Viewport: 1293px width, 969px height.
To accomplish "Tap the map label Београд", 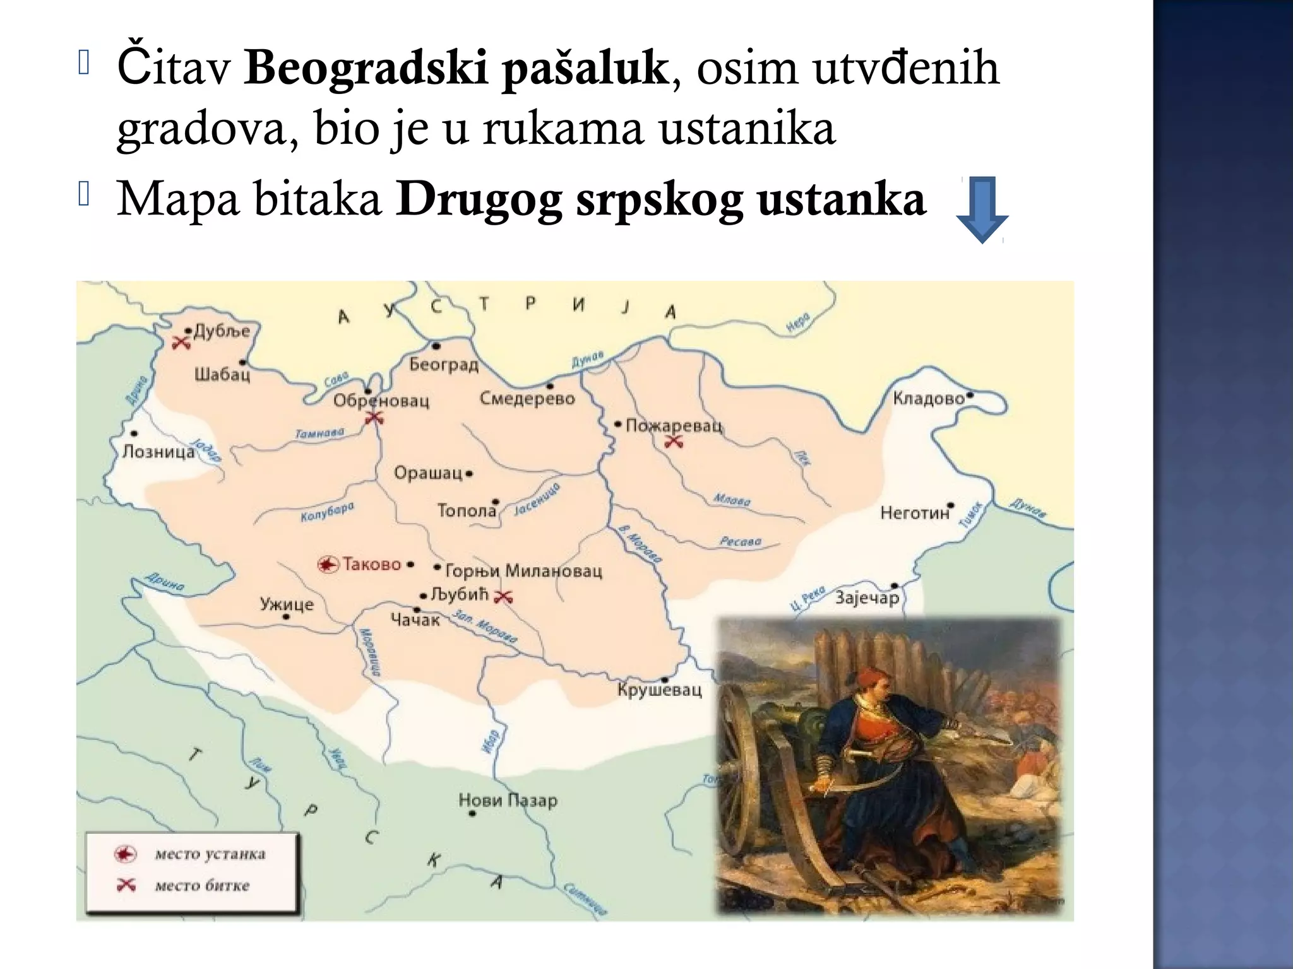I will point(444,365).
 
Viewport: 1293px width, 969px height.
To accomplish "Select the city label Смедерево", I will point(527,399).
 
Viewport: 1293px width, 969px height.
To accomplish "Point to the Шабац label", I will point(222,375).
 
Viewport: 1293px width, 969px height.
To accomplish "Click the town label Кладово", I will point(929,399).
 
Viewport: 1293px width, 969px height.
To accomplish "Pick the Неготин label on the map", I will point(915,513).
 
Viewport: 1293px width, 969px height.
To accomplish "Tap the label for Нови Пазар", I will point(508,801).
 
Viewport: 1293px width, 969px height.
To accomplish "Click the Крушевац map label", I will point(659,690).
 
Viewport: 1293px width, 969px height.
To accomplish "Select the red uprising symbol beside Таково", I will point(328,565).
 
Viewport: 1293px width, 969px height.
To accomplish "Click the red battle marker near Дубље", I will point(182,343).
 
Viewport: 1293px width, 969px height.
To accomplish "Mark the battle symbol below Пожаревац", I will point(674,442).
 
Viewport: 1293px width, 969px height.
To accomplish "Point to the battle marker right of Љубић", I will point(503,597).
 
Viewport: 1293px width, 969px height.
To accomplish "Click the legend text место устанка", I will point(210,854).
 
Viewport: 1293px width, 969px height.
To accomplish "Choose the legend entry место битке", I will point(202,886).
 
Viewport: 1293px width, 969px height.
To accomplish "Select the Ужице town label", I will point(287,604).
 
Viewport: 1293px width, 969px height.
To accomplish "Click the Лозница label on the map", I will point(158,452).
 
